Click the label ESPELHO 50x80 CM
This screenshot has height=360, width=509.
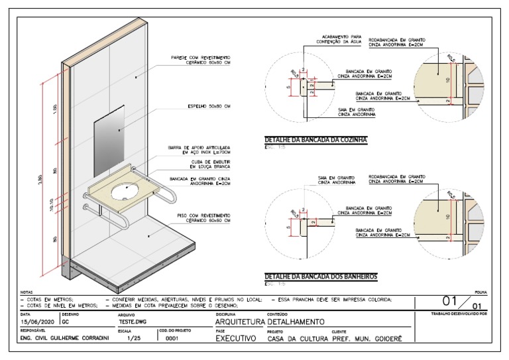[208, 106]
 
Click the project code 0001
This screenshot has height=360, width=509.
[172, 337]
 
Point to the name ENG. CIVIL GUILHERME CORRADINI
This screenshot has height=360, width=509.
[64, 337]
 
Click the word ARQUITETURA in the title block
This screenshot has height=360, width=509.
[239, 322]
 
